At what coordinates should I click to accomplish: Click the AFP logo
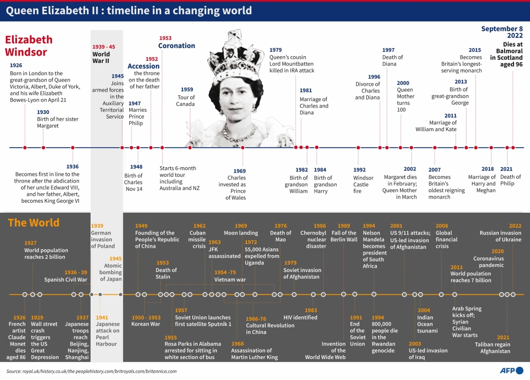tap(511, 370)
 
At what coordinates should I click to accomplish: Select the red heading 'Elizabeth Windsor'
tap(29, 46)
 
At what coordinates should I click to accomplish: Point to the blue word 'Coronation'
tap(176, 46)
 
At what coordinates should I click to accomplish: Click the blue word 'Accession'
tap(143, 66)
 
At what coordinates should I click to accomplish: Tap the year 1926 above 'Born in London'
tap(16, 66)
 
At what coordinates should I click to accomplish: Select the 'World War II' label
tap(101, 57)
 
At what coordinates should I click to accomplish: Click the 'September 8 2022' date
tap(502, 32)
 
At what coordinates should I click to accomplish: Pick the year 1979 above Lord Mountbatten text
tap(276, 50)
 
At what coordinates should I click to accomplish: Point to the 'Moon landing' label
tap(241, 233)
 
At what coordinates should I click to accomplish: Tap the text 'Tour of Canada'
tap(185, 101)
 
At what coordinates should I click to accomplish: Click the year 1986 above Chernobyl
tap(320, 226)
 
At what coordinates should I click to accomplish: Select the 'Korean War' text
tap(146, 324)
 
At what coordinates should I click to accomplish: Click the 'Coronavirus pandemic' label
tap(489, 262)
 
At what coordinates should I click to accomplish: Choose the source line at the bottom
tap(91, 371)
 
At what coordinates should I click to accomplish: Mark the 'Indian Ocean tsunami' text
tap(427, 324)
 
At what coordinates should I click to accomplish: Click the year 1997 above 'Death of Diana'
tap(388, 50)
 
